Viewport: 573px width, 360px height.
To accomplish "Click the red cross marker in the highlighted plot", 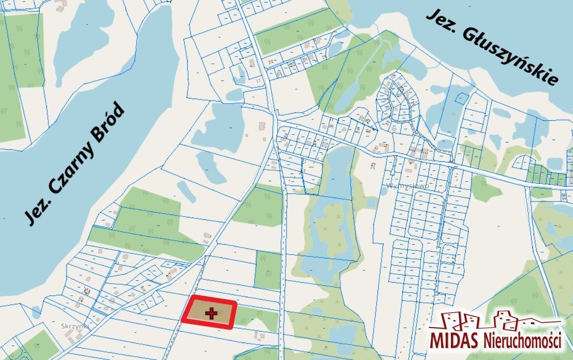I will pos(211,314).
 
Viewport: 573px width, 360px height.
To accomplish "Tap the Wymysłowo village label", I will pos(408,186).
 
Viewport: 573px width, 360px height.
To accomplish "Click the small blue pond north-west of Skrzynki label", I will pos(37,312).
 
